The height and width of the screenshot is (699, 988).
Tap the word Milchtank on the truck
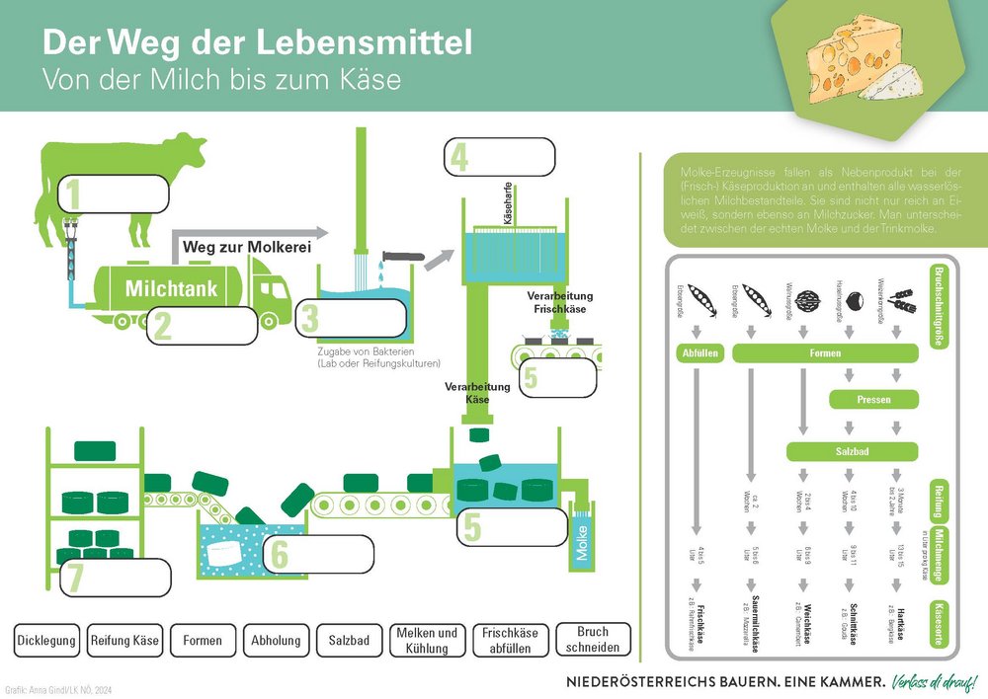pyautogui.click(x=170, y=289)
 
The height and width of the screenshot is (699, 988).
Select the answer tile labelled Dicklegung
pyautogui.click(x=46, y=640)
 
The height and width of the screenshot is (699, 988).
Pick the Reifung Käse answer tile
pyautogui.click(x=124, y=640)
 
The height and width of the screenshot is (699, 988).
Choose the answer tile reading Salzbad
pyautogui.click(x=350, y=640)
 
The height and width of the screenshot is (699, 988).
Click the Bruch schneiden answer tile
pyautogui.click(x=593, y=639)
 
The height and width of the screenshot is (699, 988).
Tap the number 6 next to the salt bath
pyautogui.click(x=280, y=555)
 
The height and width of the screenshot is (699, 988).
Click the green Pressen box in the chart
pyautogui.click(x=874, y=401)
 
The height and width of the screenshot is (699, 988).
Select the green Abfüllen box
pyautogui.click(x=699, y=352)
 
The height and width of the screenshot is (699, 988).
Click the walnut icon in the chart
pyautogui.click(x=802, y=299)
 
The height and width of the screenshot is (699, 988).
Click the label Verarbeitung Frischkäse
pyautogui.click(x=560, y=301)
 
